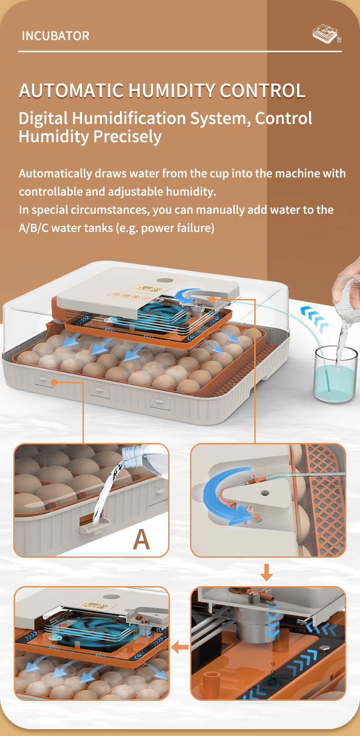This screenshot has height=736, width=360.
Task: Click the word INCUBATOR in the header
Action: point(56,36)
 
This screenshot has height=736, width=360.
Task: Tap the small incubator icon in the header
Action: point(327,34)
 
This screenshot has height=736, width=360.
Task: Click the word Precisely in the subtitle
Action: point(128,137)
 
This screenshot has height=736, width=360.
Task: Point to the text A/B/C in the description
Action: point(34,228)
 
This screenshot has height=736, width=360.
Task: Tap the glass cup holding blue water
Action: point(335,374)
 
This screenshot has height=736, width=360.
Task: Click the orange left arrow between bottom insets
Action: point(180,647)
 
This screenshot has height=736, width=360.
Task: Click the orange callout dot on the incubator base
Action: point(54,382)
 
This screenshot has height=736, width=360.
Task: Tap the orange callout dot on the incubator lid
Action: point(212,299)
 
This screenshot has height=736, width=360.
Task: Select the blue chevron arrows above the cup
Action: point(315,317)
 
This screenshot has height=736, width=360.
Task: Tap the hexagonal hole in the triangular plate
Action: point(265,493)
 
